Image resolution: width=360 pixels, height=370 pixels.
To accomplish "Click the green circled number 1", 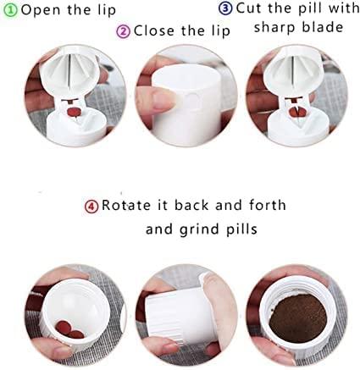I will click(x=8, y=10).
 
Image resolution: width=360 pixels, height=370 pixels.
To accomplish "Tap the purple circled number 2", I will click(x=123, y=31).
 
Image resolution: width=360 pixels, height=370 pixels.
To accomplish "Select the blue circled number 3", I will click(x=225, y=8).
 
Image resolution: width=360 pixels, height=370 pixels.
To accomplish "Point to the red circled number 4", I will click(x=91, y=206).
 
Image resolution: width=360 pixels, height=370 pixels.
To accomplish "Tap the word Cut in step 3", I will click(x=249, y=8).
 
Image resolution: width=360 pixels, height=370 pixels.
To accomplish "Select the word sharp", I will click(x=276, y=27).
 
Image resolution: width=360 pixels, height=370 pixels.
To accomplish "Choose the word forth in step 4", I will click(x=265, y=206).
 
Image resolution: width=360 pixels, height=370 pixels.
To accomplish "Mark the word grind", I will click(x=198, y=229).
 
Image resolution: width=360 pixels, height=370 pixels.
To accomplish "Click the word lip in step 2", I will click(x=220, y=31).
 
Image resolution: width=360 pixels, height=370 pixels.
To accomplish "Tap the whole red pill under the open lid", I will click(x=75, y=112).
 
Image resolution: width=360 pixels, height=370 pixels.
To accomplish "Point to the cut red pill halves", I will click(x=296, y=111).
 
